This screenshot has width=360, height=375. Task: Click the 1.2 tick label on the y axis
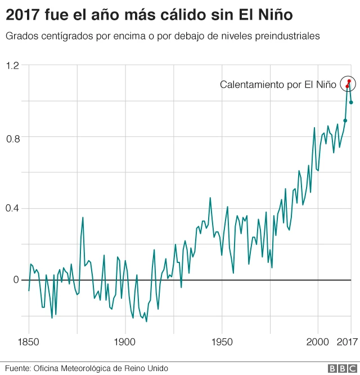[x=12, y=66]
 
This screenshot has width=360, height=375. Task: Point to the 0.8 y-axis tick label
[x=12, y=137]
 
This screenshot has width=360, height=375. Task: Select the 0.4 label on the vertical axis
[x=12, y=208]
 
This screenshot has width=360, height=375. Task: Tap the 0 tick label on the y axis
[x=16, y=280]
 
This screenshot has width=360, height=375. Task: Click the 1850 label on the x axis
[x=28, y=342]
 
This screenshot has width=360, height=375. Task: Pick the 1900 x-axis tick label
[x=124, y=342]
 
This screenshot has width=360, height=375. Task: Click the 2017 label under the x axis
[x=348, y=342]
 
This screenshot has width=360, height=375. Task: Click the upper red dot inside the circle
[x=349, y=81]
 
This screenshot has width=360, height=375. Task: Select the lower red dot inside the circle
[x=347, y=87]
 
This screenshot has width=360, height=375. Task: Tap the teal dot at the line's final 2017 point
[x=351, y=102]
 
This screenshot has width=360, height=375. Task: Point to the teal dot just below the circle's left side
[x=345, y=120]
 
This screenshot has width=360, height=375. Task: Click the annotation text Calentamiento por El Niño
[x=278, y=85]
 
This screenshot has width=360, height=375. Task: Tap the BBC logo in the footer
[x=339, y=368]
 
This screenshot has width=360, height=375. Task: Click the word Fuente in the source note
[x=17, y=368]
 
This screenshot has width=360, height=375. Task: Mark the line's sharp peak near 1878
[x=83, y=217]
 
